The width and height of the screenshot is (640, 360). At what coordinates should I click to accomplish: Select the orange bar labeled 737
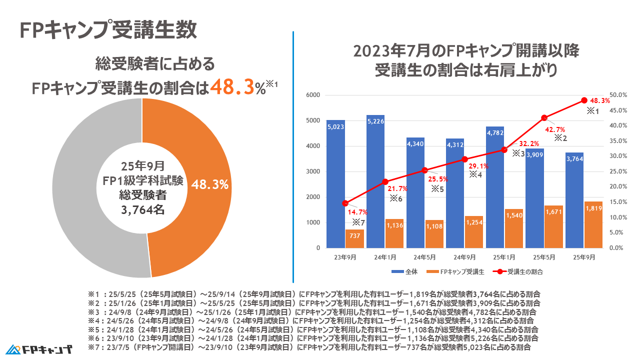point(354,239)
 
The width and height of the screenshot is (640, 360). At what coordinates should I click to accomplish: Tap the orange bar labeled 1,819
point(593,224)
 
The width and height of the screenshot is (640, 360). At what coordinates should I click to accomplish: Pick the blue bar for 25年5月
point(534,197)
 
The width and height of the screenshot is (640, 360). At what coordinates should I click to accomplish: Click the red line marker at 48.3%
point(584,100)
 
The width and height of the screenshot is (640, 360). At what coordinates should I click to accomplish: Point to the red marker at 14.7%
point(345,203)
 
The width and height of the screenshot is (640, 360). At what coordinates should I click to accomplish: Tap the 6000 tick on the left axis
point(313,95)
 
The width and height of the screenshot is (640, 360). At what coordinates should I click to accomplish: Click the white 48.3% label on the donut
point(210,185)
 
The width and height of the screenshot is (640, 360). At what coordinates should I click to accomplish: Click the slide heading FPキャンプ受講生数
point(108,30)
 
